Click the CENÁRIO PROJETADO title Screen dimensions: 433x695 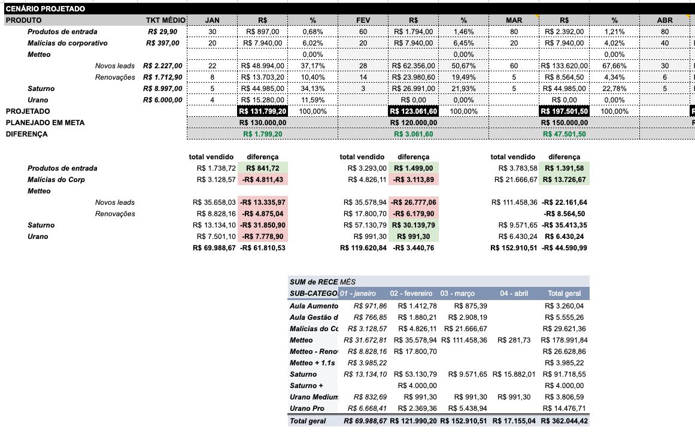pos(45,9)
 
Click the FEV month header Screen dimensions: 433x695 pos(363,20)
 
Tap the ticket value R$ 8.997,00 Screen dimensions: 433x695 pos(164,89)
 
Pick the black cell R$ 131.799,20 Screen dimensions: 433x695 pos(262,111)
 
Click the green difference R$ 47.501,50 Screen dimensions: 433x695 pos(565,134)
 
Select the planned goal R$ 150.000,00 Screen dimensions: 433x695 pos(565,123)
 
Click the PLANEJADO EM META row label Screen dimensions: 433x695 pos(45,123)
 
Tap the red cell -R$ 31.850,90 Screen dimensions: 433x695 pos(263,225)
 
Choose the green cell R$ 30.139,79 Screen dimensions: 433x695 pos(414,225)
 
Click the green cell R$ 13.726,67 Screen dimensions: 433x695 pos(565,180)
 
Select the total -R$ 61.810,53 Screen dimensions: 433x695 pos(263,248)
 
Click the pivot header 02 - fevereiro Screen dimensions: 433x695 pos(411,293)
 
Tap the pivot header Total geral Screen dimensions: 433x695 pos(564,293)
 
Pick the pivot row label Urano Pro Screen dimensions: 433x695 pos(307,408)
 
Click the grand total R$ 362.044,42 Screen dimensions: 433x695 pos(563,421)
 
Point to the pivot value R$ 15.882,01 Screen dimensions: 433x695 pos(513,374)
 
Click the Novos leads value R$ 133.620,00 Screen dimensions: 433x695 pos(565,66)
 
